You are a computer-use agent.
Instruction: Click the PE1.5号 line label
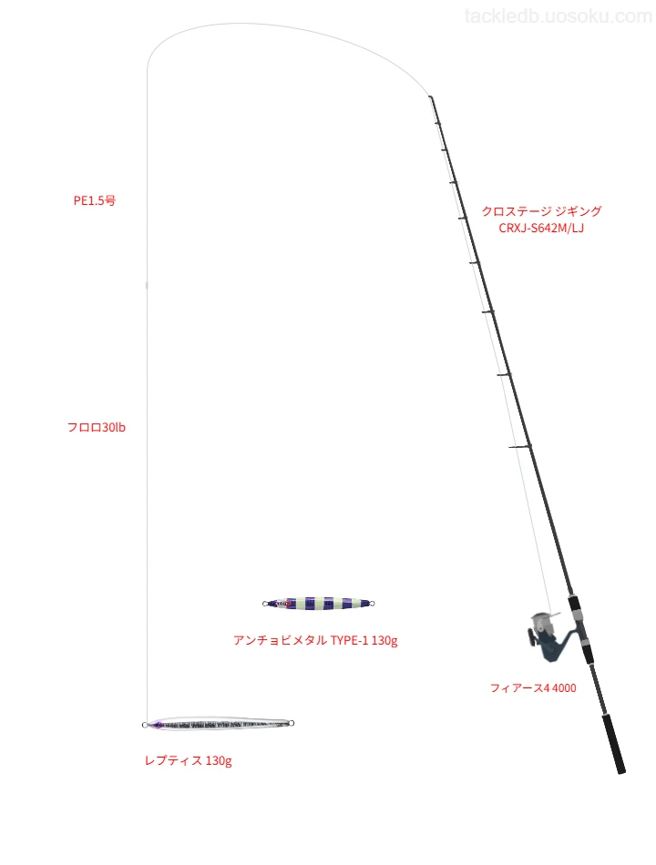click(95, 201)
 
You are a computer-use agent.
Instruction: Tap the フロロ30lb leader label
click(96, 428)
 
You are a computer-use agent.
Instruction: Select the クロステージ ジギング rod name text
click(541, 210)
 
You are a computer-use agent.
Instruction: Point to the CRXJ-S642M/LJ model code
click(541, 229)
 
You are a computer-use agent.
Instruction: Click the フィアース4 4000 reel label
click(533, 688)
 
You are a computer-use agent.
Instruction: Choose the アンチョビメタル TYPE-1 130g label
click(315, 640)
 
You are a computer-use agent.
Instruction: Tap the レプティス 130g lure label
click(188, 760)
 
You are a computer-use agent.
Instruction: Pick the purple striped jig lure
click(319, 604)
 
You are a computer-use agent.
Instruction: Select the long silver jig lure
click(218, 724)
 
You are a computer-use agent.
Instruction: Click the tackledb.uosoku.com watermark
click(559, 16)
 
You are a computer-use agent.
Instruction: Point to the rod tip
click(430, 97)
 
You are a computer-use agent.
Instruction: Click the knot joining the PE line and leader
click(147, 285)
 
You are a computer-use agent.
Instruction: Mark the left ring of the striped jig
click(265, 604)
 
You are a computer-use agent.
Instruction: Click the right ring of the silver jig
click(292, 723)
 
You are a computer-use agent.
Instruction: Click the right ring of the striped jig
click(372, 604)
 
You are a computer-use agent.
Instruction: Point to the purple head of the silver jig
click(156, 725)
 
